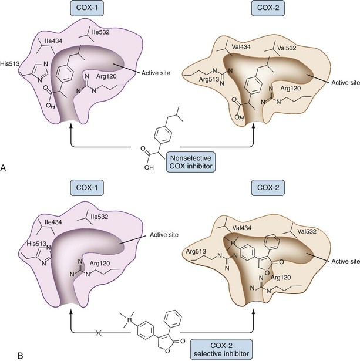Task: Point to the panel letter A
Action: pos(5,168)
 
